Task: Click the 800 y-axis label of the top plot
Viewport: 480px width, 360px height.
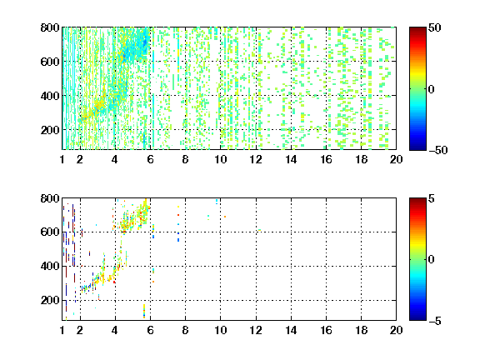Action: (x=50, y=27)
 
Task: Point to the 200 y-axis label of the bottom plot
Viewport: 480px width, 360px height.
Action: (x=50, y=300)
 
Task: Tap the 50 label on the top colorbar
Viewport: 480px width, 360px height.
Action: (x=434, y=27)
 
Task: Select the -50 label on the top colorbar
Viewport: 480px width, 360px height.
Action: (x=438, y=150)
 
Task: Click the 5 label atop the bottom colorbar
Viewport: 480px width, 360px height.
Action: (x=431, y=198)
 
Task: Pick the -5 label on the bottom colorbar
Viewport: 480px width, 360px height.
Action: (x=435, y=321)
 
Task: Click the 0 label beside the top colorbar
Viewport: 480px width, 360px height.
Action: (x=431, y=89)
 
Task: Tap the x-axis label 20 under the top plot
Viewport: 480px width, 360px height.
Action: (x=396, y=159)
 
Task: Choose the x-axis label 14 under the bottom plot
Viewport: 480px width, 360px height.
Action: (x=291, y=330)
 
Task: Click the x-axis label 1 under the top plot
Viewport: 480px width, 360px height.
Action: (x=62, y=159)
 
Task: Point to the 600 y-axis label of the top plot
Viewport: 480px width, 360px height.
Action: (x=50, y=62)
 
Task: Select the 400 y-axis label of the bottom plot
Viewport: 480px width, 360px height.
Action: (x=50, y=266)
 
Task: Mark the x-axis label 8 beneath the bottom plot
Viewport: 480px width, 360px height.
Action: (x=185, y=330)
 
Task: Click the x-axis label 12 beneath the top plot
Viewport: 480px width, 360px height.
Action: (x=256, y=159)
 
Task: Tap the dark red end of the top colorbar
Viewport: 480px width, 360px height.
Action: (x=417, y=29)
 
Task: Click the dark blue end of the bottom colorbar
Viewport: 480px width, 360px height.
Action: (x=417, y=318)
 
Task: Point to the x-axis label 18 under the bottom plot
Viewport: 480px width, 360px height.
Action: (x=361, y=330)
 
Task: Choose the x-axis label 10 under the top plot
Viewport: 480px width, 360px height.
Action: (x=220, y=159)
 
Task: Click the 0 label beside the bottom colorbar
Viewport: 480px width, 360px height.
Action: (x=431, y=260)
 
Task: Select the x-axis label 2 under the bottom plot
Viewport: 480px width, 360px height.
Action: (x=80, y=330)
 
